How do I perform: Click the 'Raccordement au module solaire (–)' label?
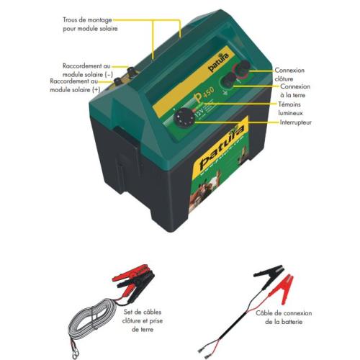pos(89,71)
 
